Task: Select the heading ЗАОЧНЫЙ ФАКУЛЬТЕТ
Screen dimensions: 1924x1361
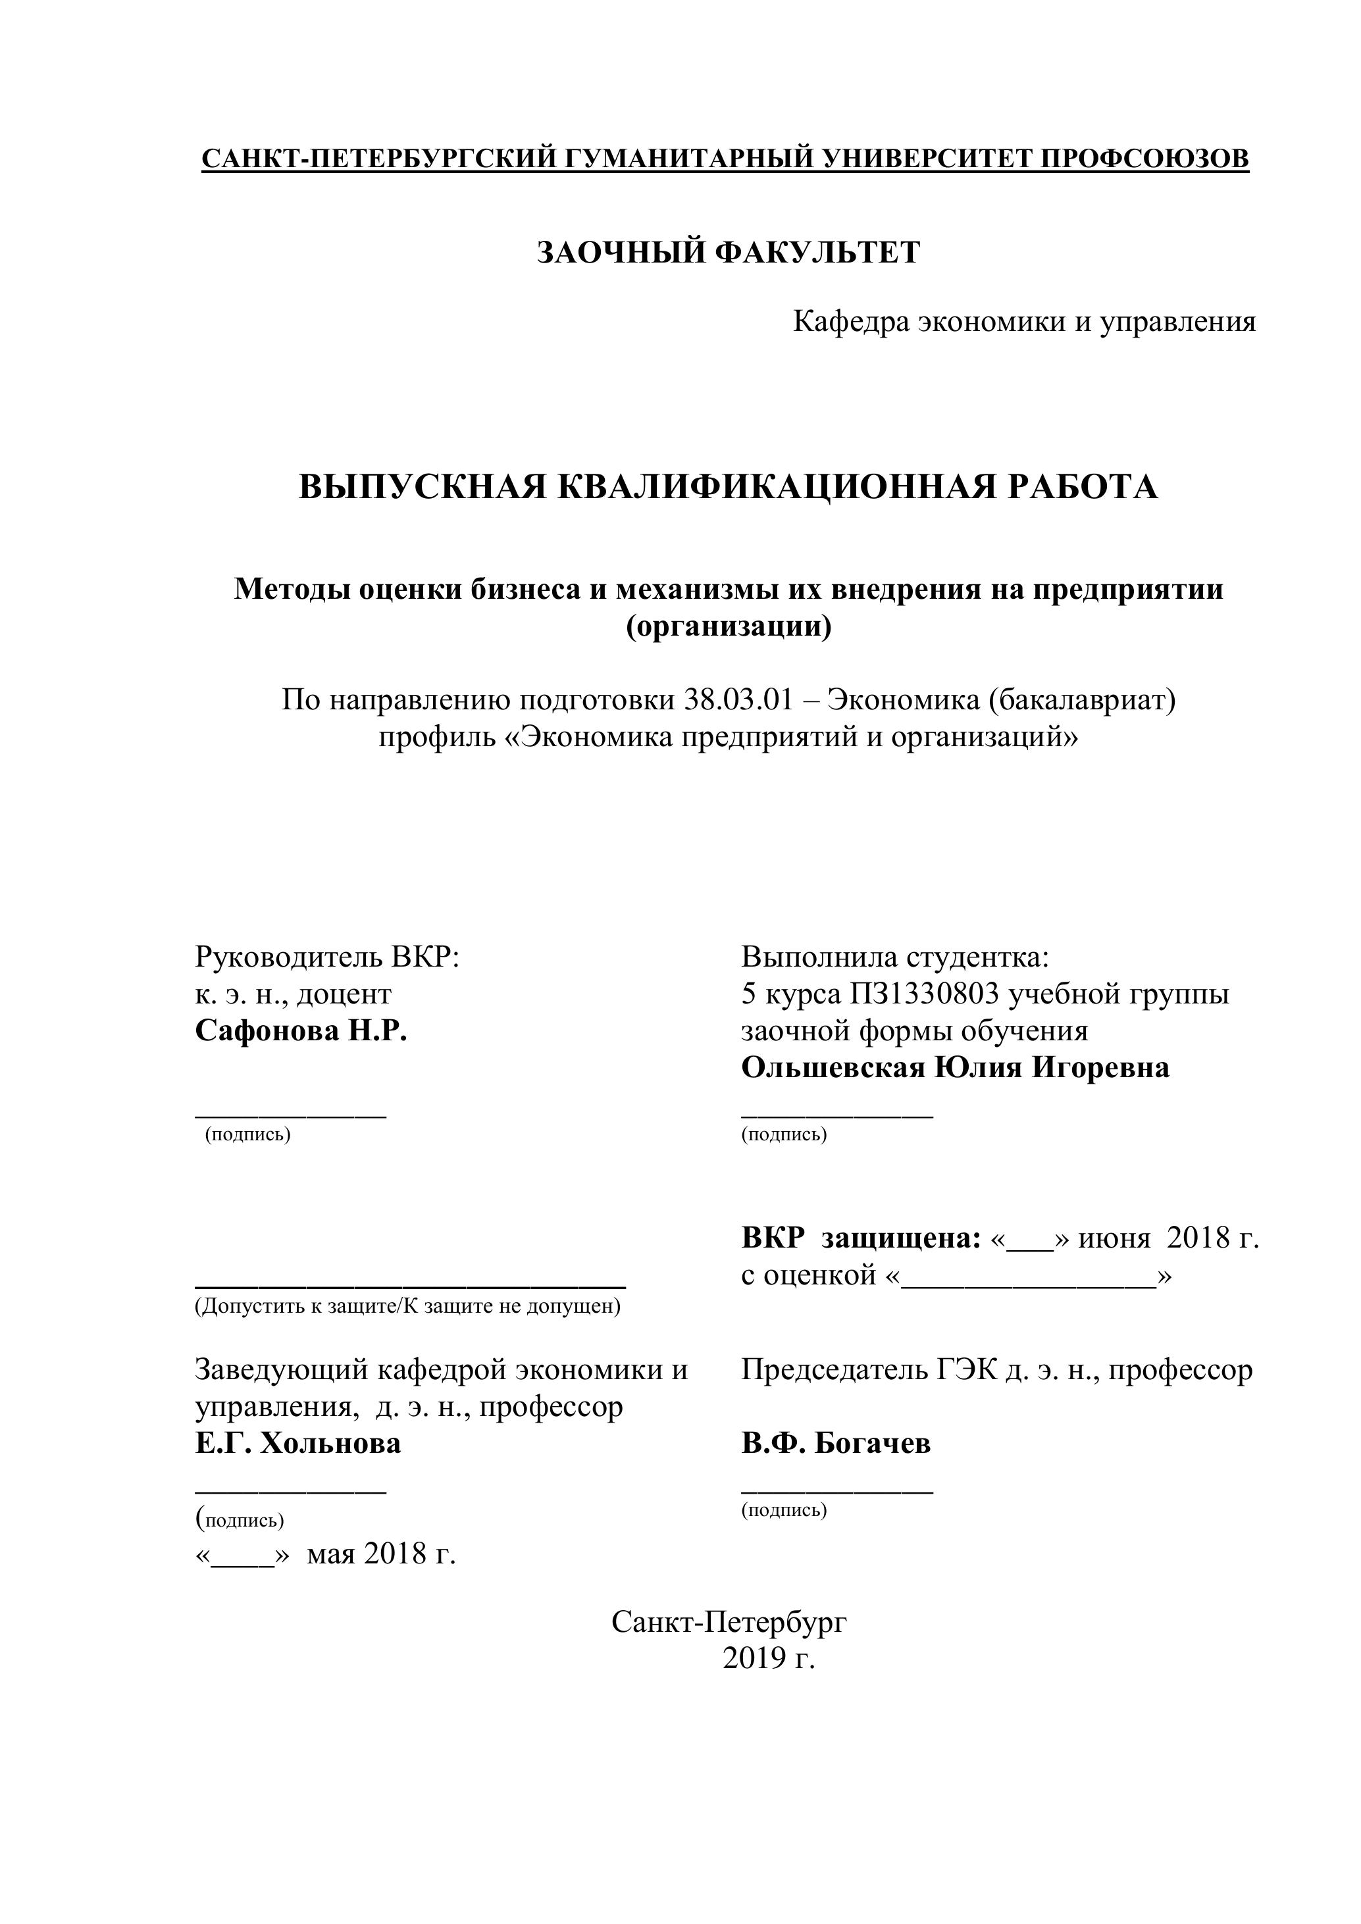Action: [x=729, y=252]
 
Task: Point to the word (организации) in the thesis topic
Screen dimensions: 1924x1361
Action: [x=729, y=626]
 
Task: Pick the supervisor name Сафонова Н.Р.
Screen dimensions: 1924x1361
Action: [x=301, y=1030]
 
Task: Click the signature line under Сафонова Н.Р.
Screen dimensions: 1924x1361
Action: [x=291, y=1115]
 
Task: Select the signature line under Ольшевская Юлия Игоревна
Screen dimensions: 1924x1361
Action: [x=836, y=1115]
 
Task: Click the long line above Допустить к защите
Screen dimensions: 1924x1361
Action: [x=410, y=1284]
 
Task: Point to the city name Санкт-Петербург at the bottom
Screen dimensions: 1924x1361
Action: [x=729, y=1623]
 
